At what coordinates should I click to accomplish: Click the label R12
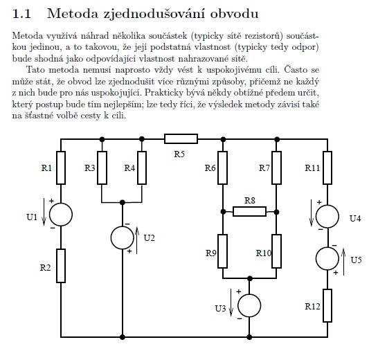click(312, 307)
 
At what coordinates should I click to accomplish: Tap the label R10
click(264, 253)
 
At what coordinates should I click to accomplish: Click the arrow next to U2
click(137, 240)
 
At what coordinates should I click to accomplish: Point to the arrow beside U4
click(312, 213)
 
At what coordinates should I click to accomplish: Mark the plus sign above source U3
click(239, 291)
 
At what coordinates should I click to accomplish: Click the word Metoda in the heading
click(73, 14)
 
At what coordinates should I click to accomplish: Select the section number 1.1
click(21, 14)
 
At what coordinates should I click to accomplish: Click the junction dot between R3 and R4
click(123, 202)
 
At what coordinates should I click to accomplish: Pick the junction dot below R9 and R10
click(250, 278)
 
